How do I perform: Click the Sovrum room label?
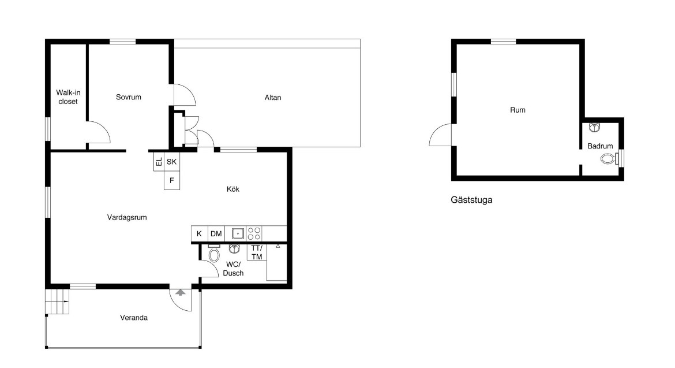pos(128,97)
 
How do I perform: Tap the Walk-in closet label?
pos(68,97)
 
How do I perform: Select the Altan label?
pos(273,98)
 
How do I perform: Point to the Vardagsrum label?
pos(127,218)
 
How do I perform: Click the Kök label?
pos(233,189)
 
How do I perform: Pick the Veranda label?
pos(134,318)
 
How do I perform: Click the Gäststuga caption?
pos(471,200)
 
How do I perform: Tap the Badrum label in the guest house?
pos(600,146)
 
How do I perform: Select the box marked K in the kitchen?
pos(199,233)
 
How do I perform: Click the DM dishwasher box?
pos(216,233)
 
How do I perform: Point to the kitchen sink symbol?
pos(238,233)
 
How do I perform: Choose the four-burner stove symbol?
pos(254,233)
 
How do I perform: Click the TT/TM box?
pos(257,252)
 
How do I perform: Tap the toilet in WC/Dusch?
pos(214,254)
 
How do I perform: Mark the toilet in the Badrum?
pos(608,158)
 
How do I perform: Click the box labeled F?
pos(172,181)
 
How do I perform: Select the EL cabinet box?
pos(159,162)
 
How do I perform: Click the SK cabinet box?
pos(172,162)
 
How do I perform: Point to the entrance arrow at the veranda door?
pos(181,292)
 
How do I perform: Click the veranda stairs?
pos(57,301)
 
